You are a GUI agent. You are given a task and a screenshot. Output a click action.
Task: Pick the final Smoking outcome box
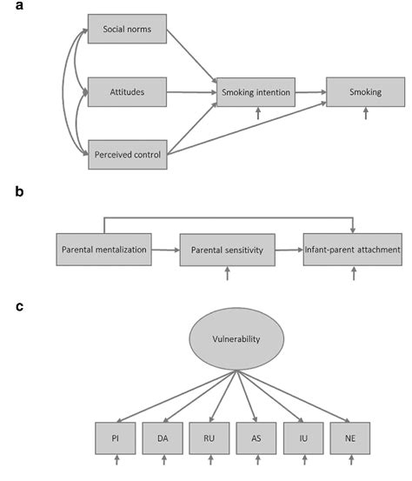point(365,90)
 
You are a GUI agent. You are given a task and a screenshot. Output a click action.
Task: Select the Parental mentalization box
point(103,250)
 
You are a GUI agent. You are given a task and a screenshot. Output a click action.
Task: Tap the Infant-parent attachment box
point(352,250)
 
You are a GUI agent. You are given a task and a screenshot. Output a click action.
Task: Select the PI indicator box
point(116,437)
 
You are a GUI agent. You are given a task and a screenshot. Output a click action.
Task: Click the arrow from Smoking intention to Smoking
point(310,90)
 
